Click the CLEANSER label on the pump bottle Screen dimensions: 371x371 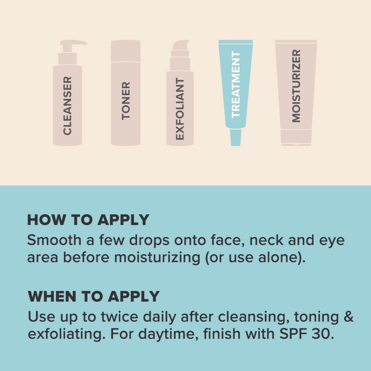point(67,106)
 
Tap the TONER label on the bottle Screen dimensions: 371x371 point(126,101)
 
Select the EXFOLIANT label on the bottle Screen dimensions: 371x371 point(180,109)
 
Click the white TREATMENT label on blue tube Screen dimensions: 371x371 point(235,84)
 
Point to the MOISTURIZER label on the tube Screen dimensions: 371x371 point(296,86)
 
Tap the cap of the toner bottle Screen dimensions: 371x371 point(126,51)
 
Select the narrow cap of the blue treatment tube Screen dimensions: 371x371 point(235,137)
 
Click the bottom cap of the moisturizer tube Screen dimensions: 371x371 point(296,137)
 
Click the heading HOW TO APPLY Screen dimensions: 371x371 point(88,220)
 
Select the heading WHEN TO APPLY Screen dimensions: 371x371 point(94,296)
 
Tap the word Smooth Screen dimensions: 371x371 point(54,240)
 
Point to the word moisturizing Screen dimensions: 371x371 point(157,258)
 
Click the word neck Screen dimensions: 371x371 point(266,240)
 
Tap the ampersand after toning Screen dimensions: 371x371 point(349,317)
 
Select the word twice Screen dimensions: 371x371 point(120,317)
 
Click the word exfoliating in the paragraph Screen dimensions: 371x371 point(67,334)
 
